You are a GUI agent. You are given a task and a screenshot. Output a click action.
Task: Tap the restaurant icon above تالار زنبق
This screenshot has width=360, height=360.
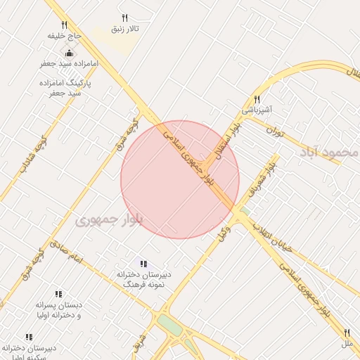point(125,18)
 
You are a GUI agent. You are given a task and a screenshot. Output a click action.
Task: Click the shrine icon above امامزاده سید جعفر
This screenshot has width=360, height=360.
point(69,53)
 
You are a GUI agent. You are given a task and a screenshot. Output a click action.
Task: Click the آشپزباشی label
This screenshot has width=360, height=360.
point(257,110)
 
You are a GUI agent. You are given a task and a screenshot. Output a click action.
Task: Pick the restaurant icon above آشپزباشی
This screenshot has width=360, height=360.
point(257,100)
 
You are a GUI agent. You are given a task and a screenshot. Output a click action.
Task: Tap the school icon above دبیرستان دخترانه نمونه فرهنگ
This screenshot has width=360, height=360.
point(143,264)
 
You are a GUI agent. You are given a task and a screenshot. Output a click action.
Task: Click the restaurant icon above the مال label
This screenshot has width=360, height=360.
point(347,332)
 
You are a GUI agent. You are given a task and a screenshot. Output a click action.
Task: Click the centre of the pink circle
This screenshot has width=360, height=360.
point(180,180)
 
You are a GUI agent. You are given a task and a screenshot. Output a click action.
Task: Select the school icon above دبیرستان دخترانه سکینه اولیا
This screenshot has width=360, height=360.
point(29,337)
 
